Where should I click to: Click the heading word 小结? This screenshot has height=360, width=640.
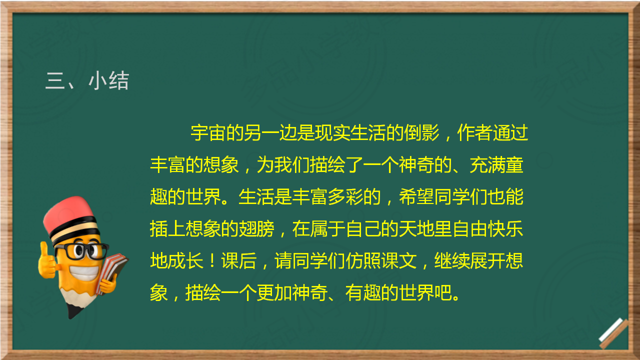[109, 81]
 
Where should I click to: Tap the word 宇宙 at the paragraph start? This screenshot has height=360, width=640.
[208, 133]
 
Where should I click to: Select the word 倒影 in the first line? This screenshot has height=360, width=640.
[421, 133]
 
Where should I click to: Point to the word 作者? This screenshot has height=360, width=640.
[475, 133]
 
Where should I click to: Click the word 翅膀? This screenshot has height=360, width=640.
[256, 229]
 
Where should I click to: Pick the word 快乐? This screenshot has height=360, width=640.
[505, 229]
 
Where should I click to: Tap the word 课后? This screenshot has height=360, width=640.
[238, 261]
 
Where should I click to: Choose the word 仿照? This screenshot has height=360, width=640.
[363, 261]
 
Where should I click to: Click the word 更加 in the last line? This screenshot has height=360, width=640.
[274, 293]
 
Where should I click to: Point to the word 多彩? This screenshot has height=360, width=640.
[345, 197]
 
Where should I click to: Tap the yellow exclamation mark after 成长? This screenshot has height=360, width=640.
[212, 261]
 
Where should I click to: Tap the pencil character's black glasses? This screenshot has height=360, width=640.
[81, 251]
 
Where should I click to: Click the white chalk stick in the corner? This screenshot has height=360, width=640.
[611, 329]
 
